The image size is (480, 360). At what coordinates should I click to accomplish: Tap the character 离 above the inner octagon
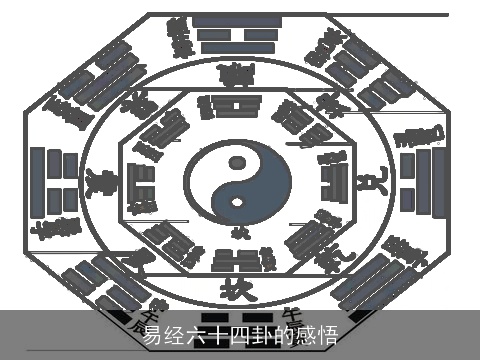[238, 74]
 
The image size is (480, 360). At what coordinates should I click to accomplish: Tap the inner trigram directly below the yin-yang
[238, 260]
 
